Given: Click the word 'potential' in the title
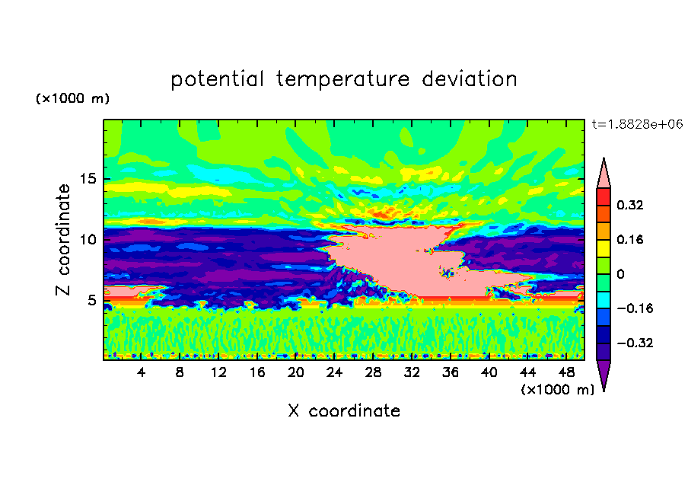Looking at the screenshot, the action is pos(217,80).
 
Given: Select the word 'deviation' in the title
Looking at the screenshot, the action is pos(469,79).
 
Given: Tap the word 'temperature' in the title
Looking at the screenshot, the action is pos(343,80).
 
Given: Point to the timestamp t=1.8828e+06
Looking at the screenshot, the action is pos(637,124).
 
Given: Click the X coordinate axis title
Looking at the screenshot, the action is pos(344,410).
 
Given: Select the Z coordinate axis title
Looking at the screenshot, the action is pos(62,240).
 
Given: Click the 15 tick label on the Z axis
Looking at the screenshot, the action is pos(88,179).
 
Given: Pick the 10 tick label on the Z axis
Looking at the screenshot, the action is pos(88,240).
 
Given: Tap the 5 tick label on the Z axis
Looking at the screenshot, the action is pos(91,300).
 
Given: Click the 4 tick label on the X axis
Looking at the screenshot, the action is pos(141,372).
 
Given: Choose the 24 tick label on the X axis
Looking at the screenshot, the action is pos(334,372).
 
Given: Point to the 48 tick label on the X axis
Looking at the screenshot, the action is pos(566,372).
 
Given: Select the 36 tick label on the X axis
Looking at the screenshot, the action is pos(451,372).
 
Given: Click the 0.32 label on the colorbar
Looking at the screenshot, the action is pos(629,205).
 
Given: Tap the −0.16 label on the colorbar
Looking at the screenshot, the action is pos(635,308).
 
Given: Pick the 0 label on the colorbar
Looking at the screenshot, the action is pos(620,274).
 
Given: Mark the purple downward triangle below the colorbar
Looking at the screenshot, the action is pos(604,372).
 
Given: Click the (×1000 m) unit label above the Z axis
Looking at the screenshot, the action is pos(72,98).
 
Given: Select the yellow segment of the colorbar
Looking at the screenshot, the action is pos(604,248).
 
